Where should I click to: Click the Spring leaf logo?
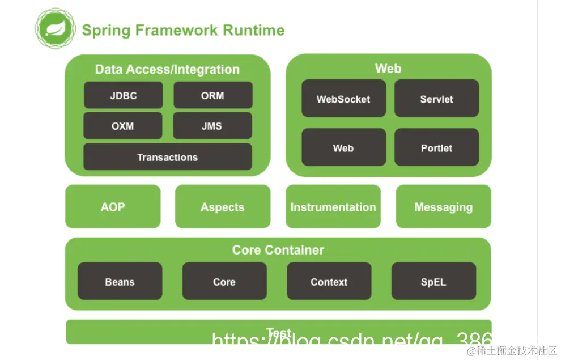55,29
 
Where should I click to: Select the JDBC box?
123,95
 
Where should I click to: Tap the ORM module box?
212,95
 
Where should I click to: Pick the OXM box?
122,126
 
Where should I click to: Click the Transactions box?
167,157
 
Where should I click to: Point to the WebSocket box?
343,99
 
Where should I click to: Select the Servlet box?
436,99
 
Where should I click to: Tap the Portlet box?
436,148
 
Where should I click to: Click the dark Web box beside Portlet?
343,148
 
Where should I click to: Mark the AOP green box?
113,207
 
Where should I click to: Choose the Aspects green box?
222,207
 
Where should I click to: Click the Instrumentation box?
333,207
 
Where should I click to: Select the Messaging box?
443,207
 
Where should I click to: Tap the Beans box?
120,282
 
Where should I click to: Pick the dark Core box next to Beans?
224,282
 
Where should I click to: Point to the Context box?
329,282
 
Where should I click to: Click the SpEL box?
433,282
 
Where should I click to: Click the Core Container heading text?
278,250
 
